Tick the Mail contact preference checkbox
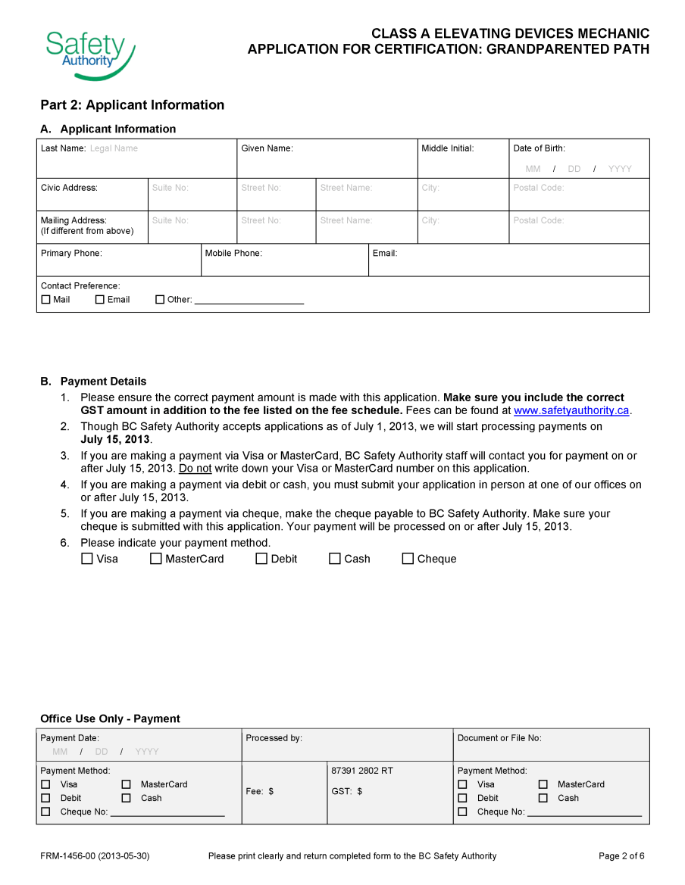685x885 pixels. [46, 300]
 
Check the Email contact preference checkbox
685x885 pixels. [100, 300]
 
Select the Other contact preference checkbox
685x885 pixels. [160, 300]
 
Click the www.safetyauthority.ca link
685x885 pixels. [571, 410]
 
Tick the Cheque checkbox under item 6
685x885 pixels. [408, 559]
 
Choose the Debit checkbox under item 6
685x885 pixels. [261, 559]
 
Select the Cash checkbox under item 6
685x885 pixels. [335, 559]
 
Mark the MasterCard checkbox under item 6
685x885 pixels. [156, 559]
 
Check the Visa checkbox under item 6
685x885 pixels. [87, 559]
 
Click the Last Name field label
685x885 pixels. [63, 148]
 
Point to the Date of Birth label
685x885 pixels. [539, 148]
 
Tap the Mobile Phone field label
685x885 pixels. [233, 253]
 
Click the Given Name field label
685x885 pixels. [267, 148]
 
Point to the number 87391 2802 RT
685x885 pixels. [361, 771]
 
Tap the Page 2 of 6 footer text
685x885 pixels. [621, 856]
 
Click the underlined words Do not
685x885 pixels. [195, 469]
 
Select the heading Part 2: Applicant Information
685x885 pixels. [133, 104]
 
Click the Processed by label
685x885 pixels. [274, 738]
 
